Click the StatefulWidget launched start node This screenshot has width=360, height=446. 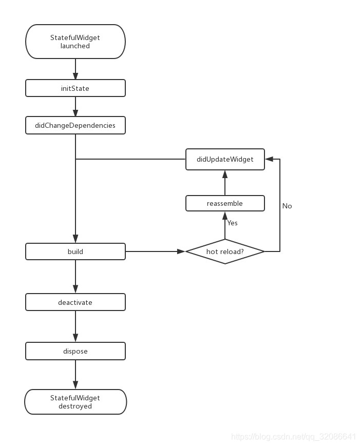pyautogui.click(x=75, y=42)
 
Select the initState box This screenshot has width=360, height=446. pyautogui.click(x=75, y=88)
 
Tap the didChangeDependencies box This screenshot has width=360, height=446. pyautogui.click(x=75, y=125)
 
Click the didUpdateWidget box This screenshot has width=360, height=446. pyautogui.click(x=225, y=159)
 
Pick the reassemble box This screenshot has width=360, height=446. pyautogui.click(x=225, y=203)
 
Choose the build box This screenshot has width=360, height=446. pyautogui.click(x=75, y=251)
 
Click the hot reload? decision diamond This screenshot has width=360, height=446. pyautogui.click(x=225, y=251)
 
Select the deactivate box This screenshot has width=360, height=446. pyautogui.click(x=75, y=302)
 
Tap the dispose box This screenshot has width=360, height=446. pyautogui.click(x=75, y=351)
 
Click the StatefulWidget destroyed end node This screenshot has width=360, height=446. pyautogui.click(x=75, y=402)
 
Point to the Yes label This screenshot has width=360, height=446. pyautogui.click(x=233, y=223)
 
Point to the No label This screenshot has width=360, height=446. pyautogui.click(x=287, y=206)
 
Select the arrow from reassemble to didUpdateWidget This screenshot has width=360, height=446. pyautogui.click(x=225, y=182)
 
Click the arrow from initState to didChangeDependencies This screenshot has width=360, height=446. pyautogui.click(x=75, y=107)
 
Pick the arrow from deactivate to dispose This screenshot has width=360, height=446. pyautogui.click(x=75, y=326)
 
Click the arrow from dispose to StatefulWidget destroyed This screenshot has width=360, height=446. pyautogui.click(x=75, y=374)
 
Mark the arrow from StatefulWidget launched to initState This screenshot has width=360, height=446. pyautogui.click(x=75, y=69)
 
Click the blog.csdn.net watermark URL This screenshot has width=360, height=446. pyautogui.click(x=293, y=437)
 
